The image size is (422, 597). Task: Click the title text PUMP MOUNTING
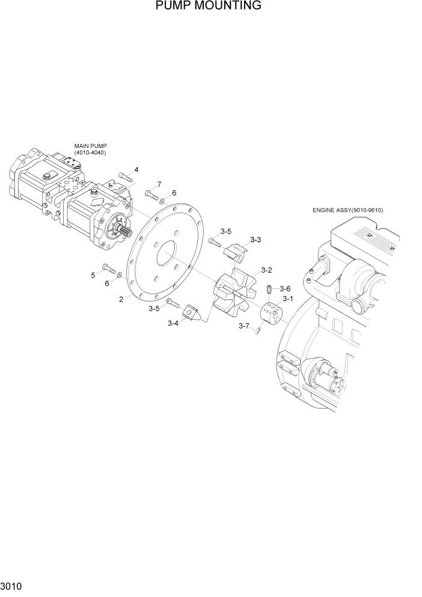[208, 6]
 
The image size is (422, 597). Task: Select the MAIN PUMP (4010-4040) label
[90, 149]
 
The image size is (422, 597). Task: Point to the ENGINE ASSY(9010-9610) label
[347, 210]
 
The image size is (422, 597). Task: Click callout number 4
[136, 170]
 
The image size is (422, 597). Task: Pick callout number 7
[159, 184]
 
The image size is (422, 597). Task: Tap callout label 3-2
[266, 270]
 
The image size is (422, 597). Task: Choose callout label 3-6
[285, 288]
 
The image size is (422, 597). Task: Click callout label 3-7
[243, 326]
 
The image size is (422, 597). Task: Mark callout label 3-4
[173, 323]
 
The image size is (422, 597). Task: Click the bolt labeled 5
[108, 268]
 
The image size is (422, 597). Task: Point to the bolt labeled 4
[125, 176]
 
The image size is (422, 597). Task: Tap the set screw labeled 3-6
[270, 290]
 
